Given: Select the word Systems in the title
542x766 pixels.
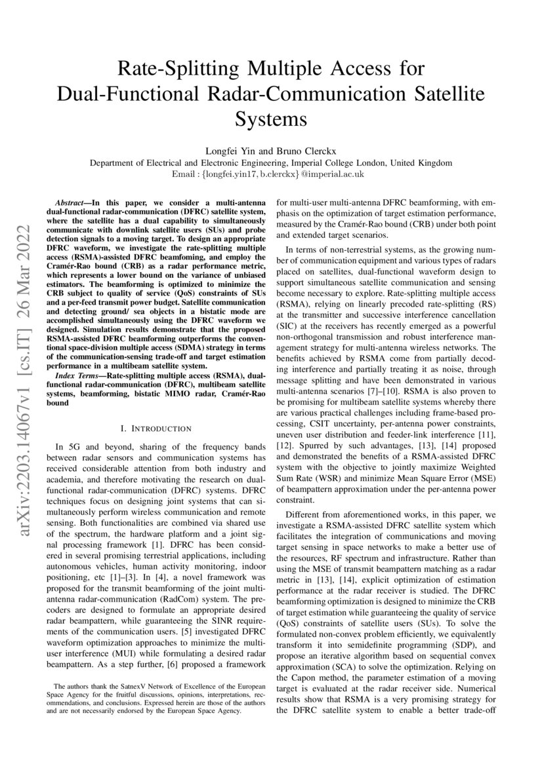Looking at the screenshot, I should pos(271,120).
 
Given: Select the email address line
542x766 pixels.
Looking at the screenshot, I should pos(271,174).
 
